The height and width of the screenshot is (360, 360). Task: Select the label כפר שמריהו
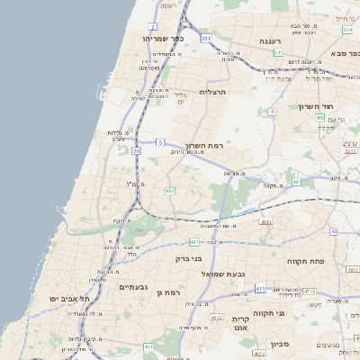pos(163,39)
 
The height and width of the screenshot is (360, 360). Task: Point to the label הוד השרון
pos(317,106)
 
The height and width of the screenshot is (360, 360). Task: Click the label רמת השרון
pos(204,145)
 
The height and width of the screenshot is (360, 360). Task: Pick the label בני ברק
pos(190,258)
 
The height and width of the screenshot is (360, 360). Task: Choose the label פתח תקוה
pos(304,261)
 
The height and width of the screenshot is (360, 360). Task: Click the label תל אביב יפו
pos(58,298)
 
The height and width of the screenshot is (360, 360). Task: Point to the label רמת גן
pos(168,292)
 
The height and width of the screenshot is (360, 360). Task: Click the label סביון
pos(280,343)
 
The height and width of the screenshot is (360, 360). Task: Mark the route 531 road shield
pos(206,39)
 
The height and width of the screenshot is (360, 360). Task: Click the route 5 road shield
pos(159,142)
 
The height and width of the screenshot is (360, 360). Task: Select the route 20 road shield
pos(137,151)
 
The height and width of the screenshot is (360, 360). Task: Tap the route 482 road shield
pos(170,191)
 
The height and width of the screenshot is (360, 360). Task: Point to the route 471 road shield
pos(260,289)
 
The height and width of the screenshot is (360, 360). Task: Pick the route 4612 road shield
pos(216,317)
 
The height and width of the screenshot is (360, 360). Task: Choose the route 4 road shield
pos(271,112)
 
